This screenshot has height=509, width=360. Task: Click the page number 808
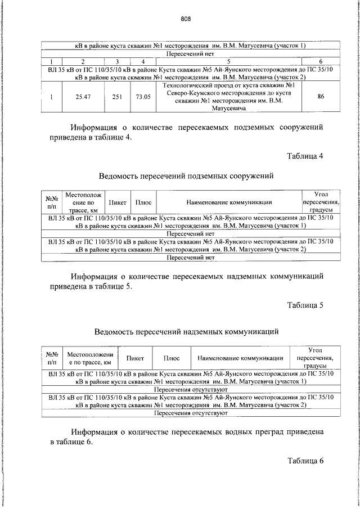tap(186, 18)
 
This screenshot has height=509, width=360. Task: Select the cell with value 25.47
tap(83, 97)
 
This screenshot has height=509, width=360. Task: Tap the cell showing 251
tap(117, 97)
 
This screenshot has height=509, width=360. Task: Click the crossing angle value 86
tap(321, 97)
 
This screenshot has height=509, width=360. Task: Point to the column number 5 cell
tap(228, 61)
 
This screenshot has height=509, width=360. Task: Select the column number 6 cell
tap(321, 61)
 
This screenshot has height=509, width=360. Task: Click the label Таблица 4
tap(305, 156)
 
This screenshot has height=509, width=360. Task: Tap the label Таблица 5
tap(305, 305)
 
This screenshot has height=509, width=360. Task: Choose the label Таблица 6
tap(305, 461)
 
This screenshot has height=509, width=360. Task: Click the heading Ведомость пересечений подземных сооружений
tap(186, 176)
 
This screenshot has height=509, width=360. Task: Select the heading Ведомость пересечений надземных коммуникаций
tap(186, 332)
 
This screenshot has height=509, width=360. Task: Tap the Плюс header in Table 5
tap(171, 358)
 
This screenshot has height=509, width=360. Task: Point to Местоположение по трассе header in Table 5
tap(90, 358)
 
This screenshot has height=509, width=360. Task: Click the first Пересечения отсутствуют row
tap(190, 389)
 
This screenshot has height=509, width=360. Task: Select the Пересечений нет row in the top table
tap(190, 53)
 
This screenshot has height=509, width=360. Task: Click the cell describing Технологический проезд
tap(228, 97)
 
